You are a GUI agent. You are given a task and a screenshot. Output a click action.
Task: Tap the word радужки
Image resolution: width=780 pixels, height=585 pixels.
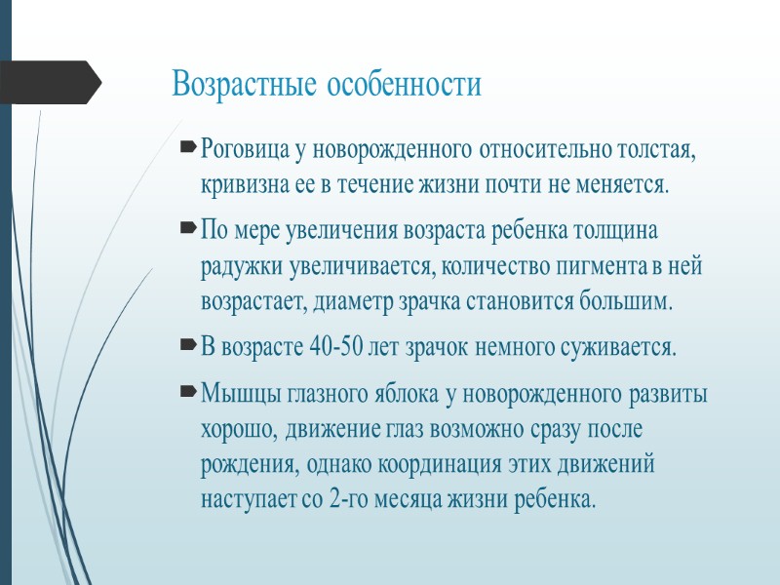(x=235, y=266)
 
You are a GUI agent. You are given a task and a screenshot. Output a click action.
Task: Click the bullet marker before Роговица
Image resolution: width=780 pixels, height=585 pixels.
(x=186, y=151)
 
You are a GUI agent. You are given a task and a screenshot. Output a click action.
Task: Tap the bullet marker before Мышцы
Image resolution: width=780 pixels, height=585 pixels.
(x=186, y=394)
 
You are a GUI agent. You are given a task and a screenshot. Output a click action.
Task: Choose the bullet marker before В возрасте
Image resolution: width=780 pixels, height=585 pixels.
(x=186, y=346)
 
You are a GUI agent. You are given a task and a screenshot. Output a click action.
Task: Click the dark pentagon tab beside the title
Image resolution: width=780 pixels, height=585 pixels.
(x=49, y=82)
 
